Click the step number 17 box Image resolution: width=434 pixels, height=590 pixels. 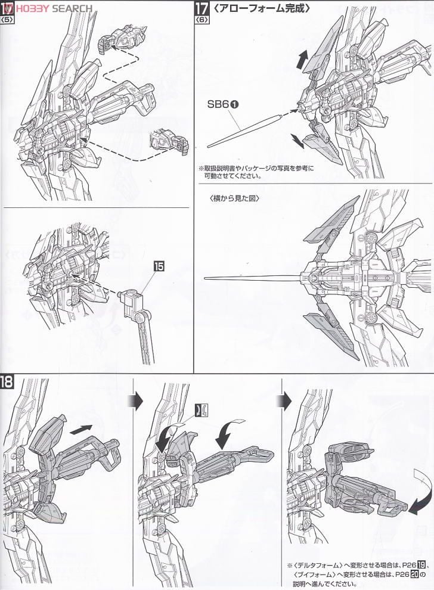point(205,8)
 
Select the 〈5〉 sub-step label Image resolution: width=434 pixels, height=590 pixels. point(8,19)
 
